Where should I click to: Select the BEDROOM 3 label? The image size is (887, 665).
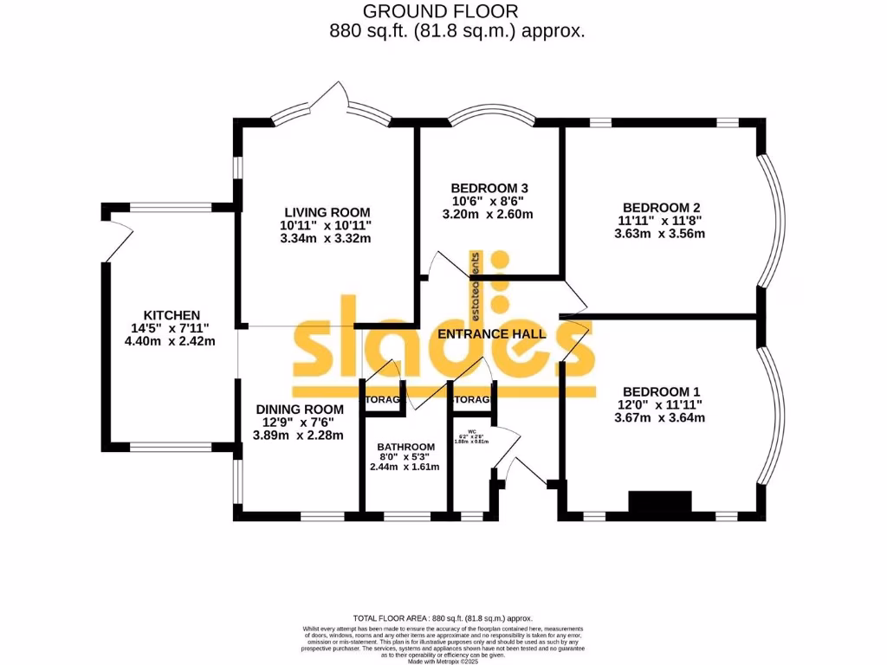(489, 188)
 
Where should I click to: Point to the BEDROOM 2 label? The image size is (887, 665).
(661, 207)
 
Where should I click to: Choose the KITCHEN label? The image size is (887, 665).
(172, 315)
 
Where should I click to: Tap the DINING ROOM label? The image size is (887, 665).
(299, 409)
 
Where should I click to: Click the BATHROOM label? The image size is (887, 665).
(405, 447)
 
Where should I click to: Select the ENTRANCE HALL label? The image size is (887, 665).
(492, 333)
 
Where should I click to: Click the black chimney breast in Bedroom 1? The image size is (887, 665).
(660, 503)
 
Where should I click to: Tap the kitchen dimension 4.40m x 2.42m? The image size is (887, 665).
(170, 341)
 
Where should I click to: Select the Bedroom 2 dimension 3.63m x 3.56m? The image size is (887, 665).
(661, 233)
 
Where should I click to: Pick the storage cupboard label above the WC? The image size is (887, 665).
(472, 400)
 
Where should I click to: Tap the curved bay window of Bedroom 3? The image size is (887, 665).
(490, 118)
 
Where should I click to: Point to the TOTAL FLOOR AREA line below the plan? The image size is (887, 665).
(443, 617)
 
